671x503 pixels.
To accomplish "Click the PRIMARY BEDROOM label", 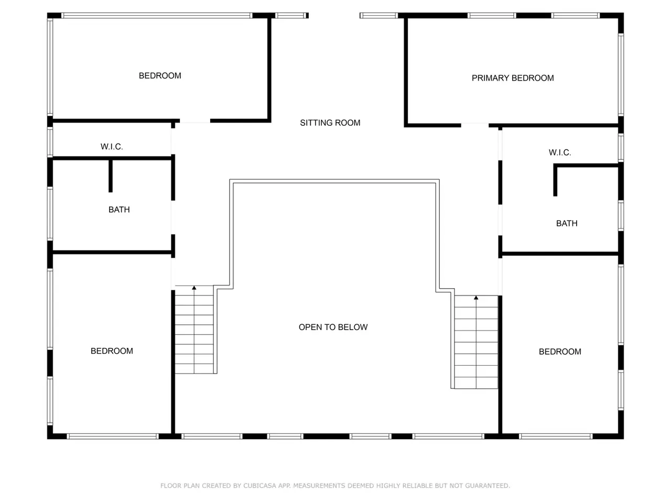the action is [512, 78].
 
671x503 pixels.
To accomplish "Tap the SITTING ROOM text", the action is [330, 123].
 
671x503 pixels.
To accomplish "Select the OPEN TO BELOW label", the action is [333, 327].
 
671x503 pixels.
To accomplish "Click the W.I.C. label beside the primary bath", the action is [559, 152].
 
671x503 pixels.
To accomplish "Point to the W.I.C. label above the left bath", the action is [112, 147].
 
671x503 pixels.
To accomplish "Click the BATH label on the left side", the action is [119, 210].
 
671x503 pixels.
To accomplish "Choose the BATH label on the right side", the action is [567, 223].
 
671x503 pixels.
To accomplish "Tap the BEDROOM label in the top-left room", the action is [160, 76].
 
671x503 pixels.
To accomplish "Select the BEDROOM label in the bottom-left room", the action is [112, 351].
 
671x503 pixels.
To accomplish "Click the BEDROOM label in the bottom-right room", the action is [560, 352].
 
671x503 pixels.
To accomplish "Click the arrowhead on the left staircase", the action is [194, 288].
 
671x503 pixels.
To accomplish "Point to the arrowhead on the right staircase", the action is [475, 298].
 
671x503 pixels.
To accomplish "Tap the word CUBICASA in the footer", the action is [259, 486].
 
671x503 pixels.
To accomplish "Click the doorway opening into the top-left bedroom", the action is [194, 121].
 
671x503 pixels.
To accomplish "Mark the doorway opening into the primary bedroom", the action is [474, 125].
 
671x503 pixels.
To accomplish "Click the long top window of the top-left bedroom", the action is [157, 16].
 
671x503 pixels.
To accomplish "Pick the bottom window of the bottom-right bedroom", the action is [556, 436].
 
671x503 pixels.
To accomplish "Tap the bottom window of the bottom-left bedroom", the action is [113, 436].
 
